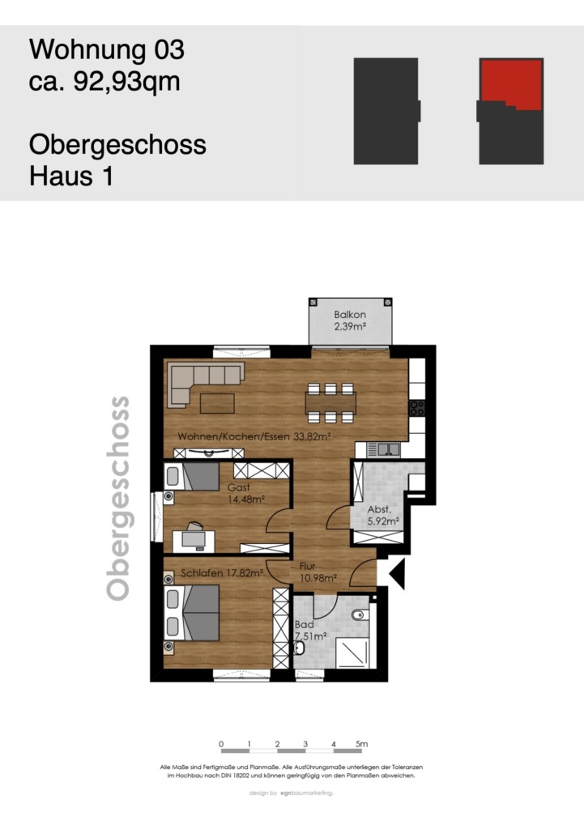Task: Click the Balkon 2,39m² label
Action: [350, 321]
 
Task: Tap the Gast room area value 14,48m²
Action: [246, 499]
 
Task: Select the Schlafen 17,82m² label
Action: [222, 572]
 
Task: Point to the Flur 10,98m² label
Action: [318, 572]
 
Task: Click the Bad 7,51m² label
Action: [310, 631]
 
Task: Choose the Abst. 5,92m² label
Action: [383, 516]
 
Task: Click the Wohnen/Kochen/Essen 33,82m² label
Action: [254, 436]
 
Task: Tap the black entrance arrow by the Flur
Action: [397, 572]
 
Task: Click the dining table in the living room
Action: [330, 403]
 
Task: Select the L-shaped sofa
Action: [206, 383]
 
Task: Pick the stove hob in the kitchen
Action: [417, 408]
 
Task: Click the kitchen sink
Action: [388, 449]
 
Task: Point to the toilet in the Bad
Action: [359, 614]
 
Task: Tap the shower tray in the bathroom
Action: [352, 652]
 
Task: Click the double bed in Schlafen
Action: [191, 613]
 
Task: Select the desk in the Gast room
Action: [194, 541]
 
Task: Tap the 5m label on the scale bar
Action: [361, 744]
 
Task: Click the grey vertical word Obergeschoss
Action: [118, 499]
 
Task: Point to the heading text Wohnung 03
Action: [107, 49]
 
